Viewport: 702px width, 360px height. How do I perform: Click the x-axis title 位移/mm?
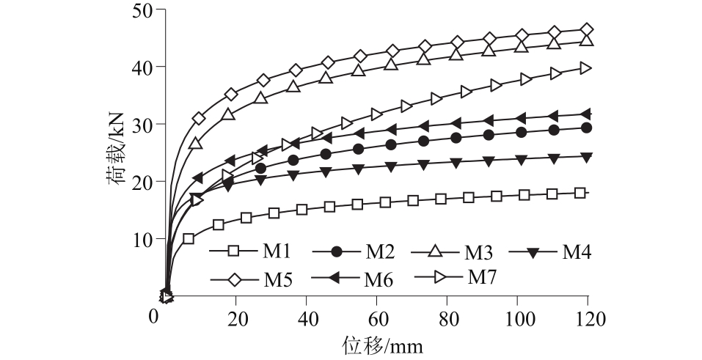(382, 343)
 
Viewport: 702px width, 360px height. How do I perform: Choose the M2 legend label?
(381, 251)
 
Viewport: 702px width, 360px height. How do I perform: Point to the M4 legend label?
(577, 251)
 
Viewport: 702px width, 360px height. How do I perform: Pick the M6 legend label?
(379, 279)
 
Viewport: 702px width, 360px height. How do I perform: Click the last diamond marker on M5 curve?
(586, 30)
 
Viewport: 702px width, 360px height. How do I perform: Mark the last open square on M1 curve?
(580, 193)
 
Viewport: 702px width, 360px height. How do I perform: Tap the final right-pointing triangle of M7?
(585, 68)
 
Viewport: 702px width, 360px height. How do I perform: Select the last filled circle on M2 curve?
(586, 128)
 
